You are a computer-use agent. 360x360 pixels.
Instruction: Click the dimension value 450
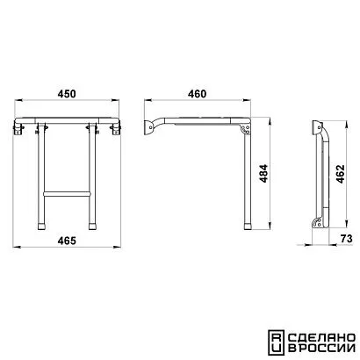coord(67,94)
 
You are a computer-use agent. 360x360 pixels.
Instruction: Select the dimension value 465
coord(67,241)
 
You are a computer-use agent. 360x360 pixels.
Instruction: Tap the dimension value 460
coord(197,94)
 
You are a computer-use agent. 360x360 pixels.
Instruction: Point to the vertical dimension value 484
coord(263,174)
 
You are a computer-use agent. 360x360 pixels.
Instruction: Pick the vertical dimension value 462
coord(341,174)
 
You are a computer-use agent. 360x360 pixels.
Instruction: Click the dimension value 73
coord(347,239)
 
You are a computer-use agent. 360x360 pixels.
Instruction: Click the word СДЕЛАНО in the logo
coord(321,337)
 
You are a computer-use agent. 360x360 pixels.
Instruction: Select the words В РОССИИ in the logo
coord(321,349)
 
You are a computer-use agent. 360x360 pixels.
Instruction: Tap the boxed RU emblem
coord(276,342)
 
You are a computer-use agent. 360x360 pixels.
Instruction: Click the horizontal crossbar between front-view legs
coord(67,194)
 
